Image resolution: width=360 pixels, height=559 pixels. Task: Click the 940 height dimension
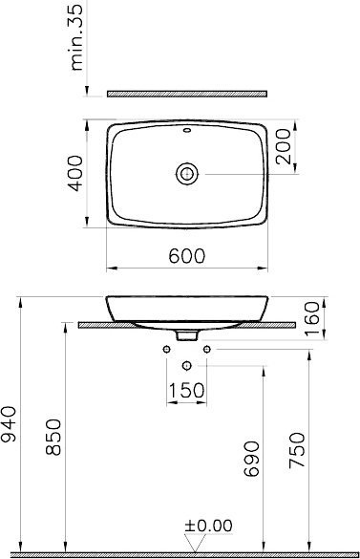(x=11, y=421)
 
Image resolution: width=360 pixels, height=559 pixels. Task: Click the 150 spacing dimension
(x=187, y=389)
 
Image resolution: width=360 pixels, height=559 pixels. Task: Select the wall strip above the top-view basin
(x=187, y=94)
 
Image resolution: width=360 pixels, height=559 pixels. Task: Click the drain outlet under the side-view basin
(x=187, y=336)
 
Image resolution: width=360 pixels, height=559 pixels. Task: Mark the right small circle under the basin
(x=207, y=351)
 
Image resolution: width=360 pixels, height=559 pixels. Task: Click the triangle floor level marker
(x=194, y=546)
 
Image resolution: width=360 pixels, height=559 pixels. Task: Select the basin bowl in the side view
(x=187, y=309)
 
